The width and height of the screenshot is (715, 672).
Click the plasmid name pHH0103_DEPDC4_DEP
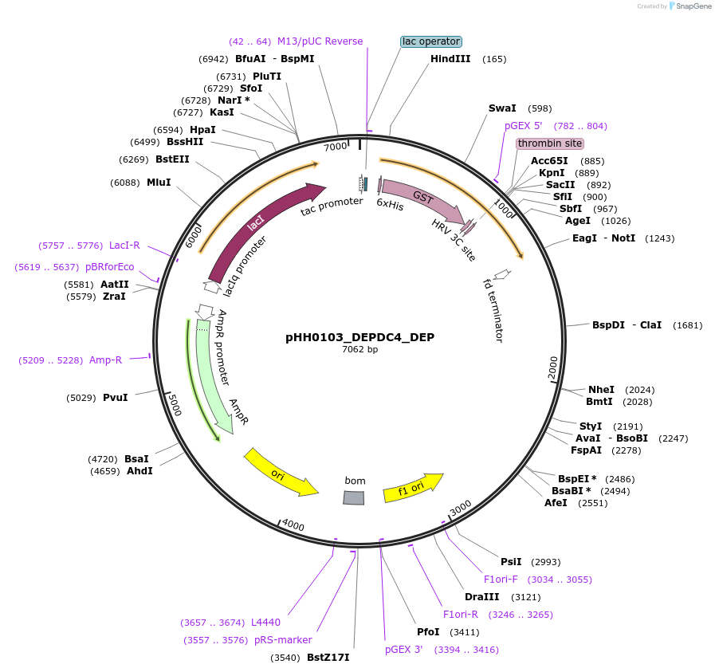point(359,337)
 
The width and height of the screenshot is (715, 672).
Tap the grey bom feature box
point(354,497)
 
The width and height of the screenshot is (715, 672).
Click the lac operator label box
point(430,41)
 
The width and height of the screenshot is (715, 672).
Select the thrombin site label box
point(549,143)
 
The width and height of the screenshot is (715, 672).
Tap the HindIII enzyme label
point(450,59)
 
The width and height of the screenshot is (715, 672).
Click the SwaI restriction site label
point(502,108)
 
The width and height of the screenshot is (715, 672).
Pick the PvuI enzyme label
point(115,398)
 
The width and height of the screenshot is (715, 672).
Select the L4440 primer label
point(265,623)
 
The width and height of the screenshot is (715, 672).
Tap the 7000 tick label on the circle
point(336,147)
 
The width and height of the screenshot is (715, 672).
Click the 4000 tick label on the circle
point(293,525)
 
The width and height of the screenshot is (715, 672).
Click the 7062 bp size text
point(359,350)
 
